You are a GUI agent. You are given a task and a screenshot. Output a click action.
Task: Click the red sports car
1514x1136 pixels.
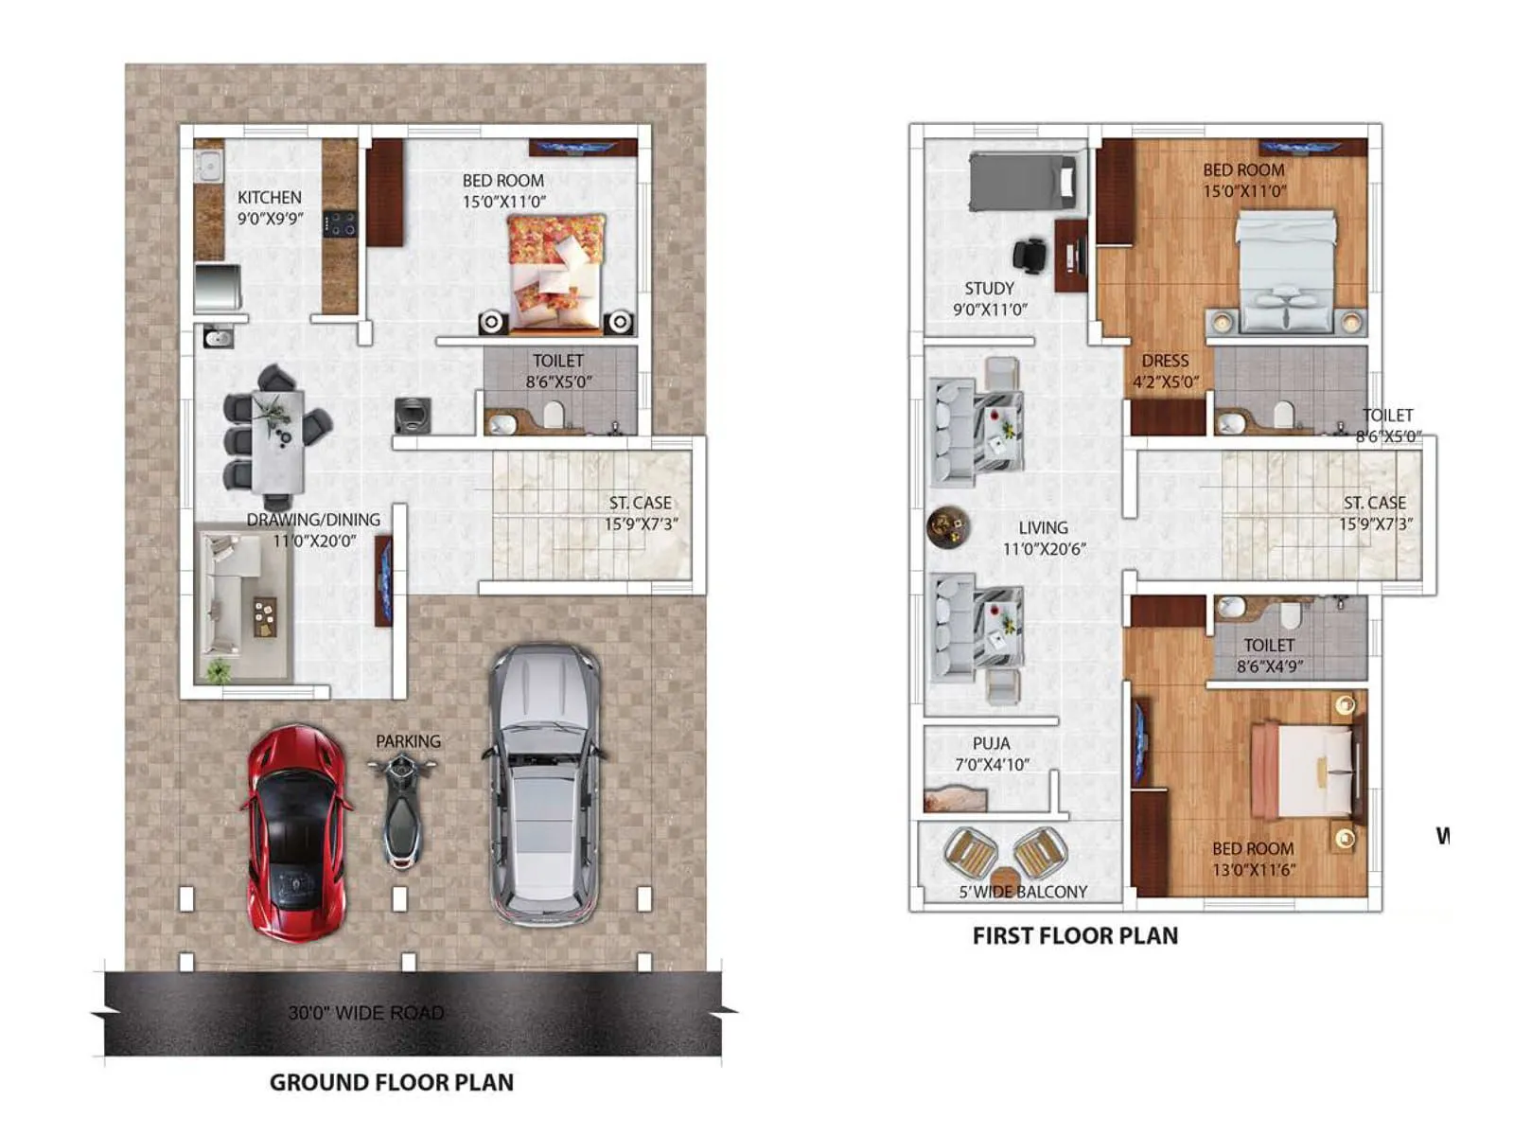click(x=296, y=833)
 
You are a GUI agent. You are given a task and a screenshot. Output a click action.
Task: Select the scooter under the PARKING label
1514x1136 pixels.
click(x=404, y=808)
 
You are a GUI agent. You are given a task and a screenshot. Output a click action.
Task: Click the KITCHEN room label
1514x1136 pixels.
click(x=270, y=197)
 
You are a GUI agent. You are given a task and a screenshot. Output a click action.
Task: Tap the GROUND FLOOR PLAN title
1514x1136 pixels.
click(x=391, y=1082)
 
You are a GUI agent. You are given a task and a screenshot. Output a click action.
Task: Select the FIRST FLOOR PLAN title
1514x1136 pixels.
click(x=1075, y=935)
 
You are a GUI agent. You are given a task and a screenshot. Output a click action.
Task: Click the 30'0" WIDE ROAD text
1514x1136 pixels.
click(x=365, y=1013)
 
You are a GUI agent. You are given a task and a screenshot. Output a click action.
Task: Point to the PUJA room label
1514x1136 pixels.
click(x=991, y=743)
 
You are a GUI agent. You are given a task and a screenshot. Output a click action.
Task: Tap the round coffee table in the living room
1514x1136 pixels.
click(x=948, y=527)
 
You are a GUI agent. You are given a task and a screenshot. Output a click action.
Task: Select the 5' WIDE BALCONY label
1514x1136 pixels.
click(x=1023, y=892)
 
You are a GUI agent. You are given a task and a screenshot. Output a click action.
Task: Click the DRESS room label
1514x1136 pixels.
click(x=1165, y=361)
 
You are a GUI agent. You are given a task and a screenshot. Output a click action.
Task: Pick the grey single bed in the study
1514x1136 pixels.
click(x=1023, y=181)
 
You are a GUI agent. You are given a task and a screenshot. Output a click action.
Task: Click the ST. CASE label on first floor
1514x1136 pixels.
click(x=1374, y=503)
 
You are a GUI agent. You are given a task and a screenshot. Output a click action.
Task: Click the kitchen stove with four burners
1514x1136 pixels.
click(x=340, y=224)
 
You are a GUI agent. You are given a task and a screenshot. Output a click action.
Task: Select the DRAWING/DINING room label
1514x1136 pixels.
click(x=313, y=520)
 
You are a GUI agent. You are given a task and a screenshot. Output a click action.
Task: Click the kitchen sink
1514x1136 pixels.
click(x=207, y=168)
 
